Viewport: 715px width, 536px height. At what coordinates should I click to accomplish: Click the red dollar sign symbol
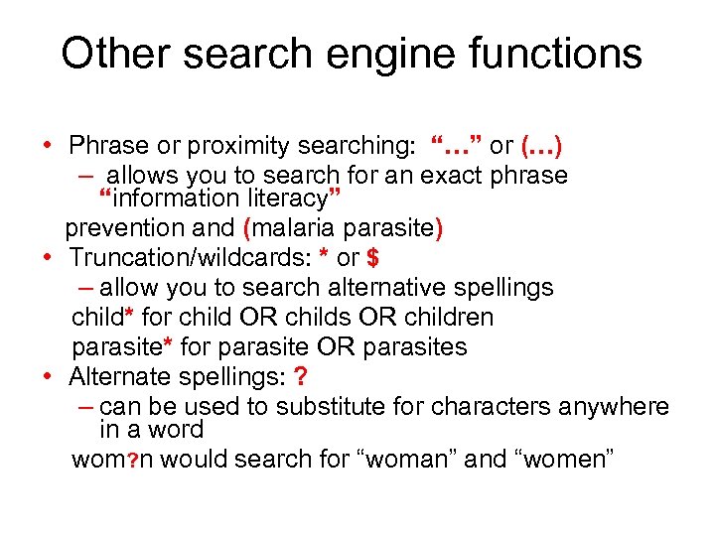click(x=372, y=259)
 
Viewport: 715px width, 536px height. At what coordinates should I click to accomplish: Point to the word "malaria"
click(x=295, y=228)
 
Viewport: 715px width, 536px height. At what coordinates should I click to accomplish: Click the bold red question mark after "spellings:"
click(x=301, y=377)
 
